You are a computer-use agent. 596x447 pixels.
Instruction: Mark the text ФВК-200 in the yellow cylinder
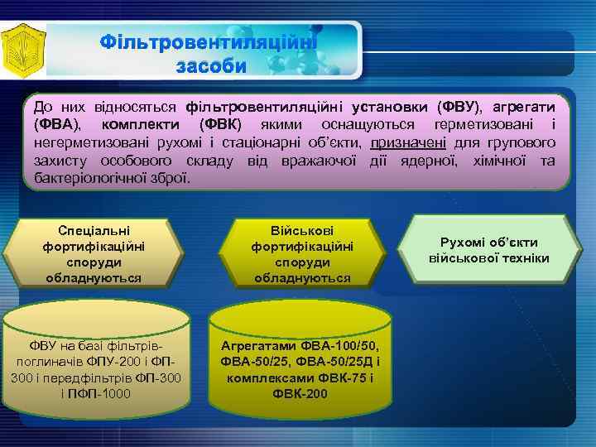pyautogui.click(x=300, y=393)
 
